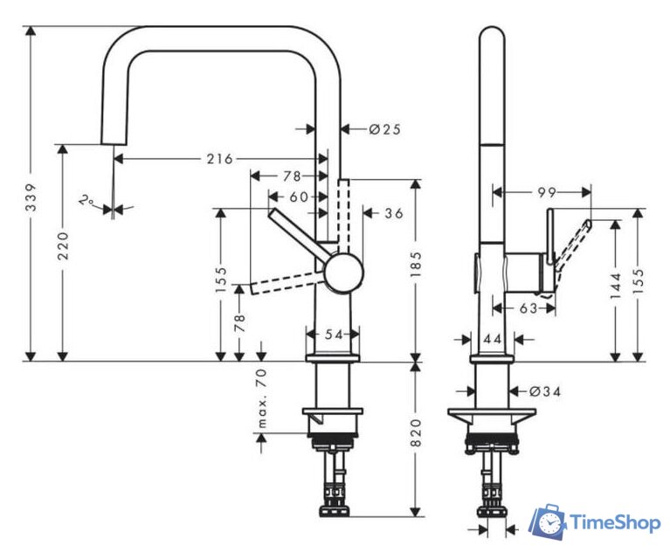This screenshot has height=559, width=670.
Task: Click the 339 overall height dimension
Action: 31,197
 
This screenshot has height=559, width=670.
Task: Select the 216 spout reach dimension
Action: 220,159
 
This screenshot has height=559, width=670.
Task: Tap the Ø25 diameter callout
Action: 385,129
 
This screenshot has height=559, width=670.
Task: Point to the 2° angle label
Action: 87,200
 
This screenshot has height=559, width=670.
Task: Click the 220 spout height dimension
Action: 63,245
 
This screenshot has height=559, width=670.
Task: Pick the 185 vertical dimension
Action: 416,264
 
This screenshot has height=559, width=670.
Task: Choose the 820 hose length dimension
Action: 416,433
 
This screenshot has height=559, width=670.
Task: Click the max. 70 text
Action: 262,398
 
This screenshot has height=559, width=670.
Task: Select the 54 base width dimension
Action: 334,335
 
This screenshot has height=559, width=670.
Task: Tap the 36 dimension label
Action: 394,213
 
